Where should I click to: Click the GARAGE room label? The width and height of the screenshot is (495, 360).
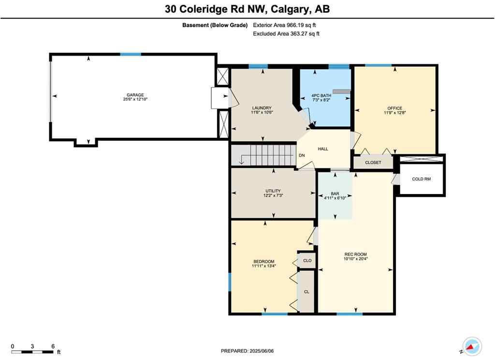tap(135, 95)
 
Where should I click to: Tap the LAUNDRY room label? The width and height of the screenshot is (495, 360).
tap(262, 108)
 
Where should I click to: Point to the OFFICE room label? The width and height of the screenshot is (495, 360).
tap(394, 108)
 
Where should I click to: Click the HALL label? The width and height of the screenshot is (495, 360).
tap(323, 149)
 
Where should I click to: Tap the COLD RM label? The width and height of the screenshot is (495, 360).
tap(421, 179)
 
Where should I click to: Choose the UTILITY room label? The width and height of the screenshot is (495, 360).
tap(273, 191)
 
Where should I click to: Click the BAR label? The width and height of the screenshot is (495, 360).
tap(335, 194)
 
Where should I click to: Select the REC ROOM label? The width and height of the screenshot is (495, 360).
tap(355, 255)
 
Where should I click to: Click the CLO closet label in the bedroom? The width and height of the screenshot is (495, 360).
tap(307, 260)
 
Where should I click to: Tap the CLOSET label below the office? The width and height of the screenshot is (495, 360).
tap(373, 163)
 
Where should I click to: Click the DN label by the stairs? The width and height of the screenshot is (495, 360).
tap(302, 155)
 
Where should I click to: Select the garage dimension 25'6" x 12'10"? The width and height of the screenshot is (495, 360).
tap(135, 100)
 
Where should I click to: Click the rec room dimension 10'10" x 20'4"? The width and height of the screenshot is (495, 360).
tap(355, 259)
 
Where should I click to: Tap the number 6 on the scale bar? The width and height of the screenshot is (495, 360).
tap(53, 346)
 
